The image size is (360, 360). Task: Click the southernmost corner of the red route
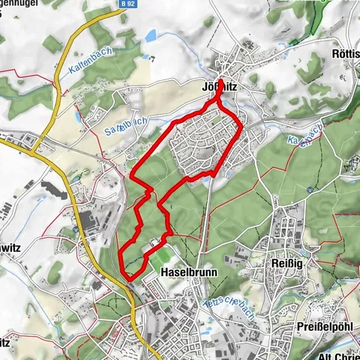coord(128,279)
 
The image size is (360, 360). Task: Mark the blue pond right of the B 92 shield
coord(151,34)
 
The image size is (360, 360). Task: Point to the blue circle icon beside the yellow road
coord(76,229)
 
